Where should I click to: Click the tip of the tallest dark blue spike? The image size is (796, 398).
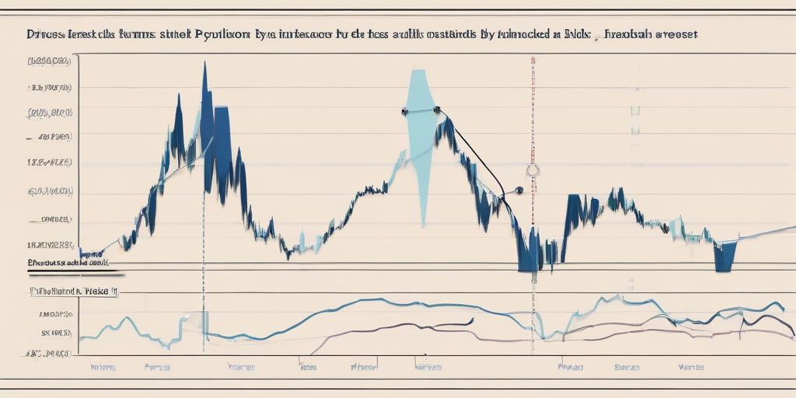click(x=204, y=64)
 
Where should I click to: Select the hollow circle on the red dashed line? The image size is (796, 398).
click(x=532, y=170)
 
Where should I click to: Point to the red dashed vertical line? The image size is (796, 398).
click(x=532, y=117)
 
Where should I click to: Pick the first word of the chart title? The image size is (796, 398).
click(x=44, y=35)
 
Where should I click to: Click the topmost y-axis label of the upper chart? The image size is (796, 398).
click(x=50, y=60)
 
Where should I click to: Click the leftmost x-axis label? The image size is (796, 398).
click(x=103, y=365)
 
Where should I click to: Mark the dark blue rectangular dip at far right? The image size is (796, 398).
click(x=724, y=257)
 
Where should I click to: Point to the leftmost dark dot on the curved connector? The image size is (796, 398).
click(x=405, y=112)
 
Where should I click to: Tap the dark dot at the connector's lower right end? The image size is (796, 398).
click(x=518, y=190)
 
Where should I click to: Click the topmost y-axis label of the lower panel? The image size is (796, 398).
click(x=51, y=315)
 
